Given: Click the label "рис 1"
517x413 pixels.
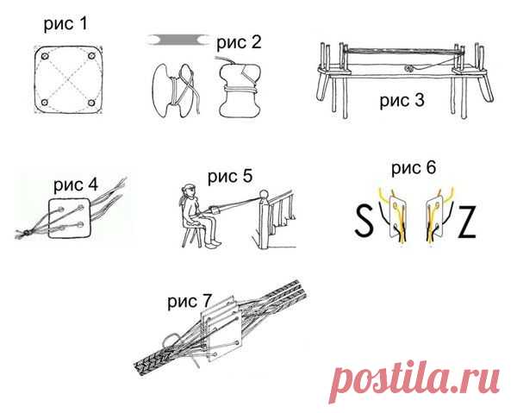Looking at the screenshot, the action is (x=66, y=25).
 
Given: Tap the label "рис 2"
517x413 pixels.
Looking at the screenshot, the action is (x=239, y=43).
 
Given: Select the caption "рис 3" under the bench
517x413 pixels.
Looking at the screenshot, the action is (x=402, y=101).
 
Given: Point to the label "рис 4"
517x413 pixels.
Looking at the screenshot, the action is (x=76, y=185).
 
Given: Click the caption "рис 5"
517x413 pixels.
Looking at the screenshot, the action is (x=230, y=177).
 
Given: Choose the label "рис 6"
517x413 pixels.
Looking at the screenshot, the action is (x=414, y=168).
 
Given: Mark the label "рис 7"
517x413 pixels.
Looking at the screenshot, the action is (x=190, y=302).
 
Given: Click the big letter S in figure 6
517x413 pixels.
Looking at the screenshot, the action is (x=364, y=221).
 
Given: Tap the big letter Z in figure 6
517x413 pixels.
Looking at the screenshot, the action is (x=466, y=222).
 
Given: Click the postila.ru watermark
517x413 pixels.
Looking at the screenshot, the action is (x=414, y=381).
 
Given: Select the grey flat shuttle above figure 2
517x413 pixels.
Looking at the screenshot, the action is (x=178, y=40).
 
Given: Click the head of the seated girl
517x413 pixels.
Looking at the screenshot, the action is (x=189, y=191).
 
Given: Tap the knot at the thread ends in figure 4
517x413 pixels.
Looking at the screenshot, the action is (x=26, y=234).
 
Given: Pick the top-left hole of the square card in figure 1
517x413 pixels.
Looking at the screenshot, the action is (x=45, y=56).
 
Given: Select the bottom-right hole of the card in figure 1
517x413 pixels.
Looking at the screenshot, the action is (x=91, y=103).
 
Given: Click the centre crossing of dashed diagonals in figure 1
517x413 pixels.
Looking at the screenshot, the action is (x=68, y=79).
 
